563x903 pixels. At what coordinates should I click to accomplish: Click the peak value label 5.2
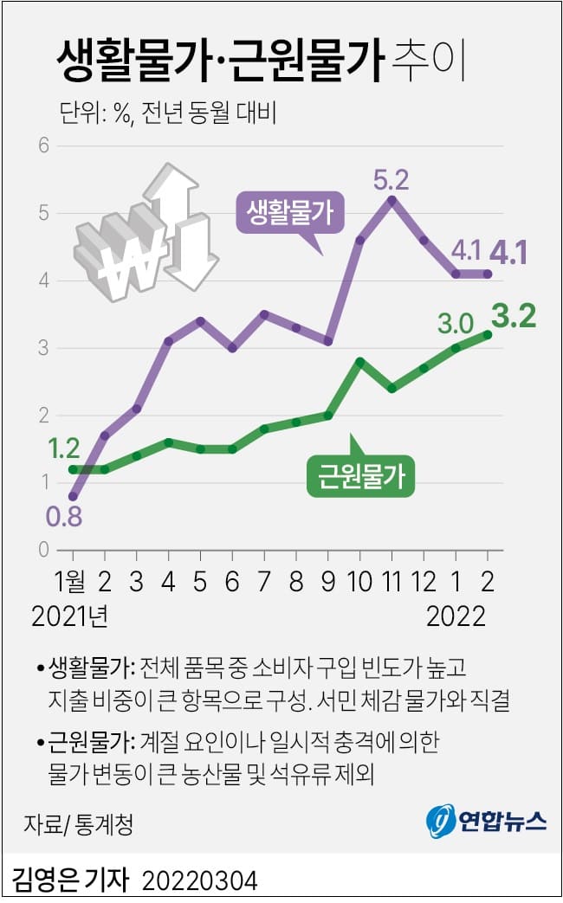tap(391, 180)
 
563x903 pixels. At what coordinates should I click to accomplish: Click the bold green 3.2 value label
tap(514, 316)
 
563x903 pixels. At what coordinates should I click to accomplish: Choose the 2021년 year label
tap(69, 616)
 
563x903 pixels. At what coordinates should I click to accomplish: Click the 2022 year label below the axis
tap(456, 616)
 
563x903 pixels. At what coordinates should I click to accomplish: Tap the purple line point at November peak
tap(392, 200)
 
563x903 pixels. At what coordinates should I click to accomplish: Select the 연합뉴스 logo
tap(487, 819)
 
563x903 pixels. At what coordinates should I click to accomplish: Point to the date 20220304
tap(199, 881)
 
